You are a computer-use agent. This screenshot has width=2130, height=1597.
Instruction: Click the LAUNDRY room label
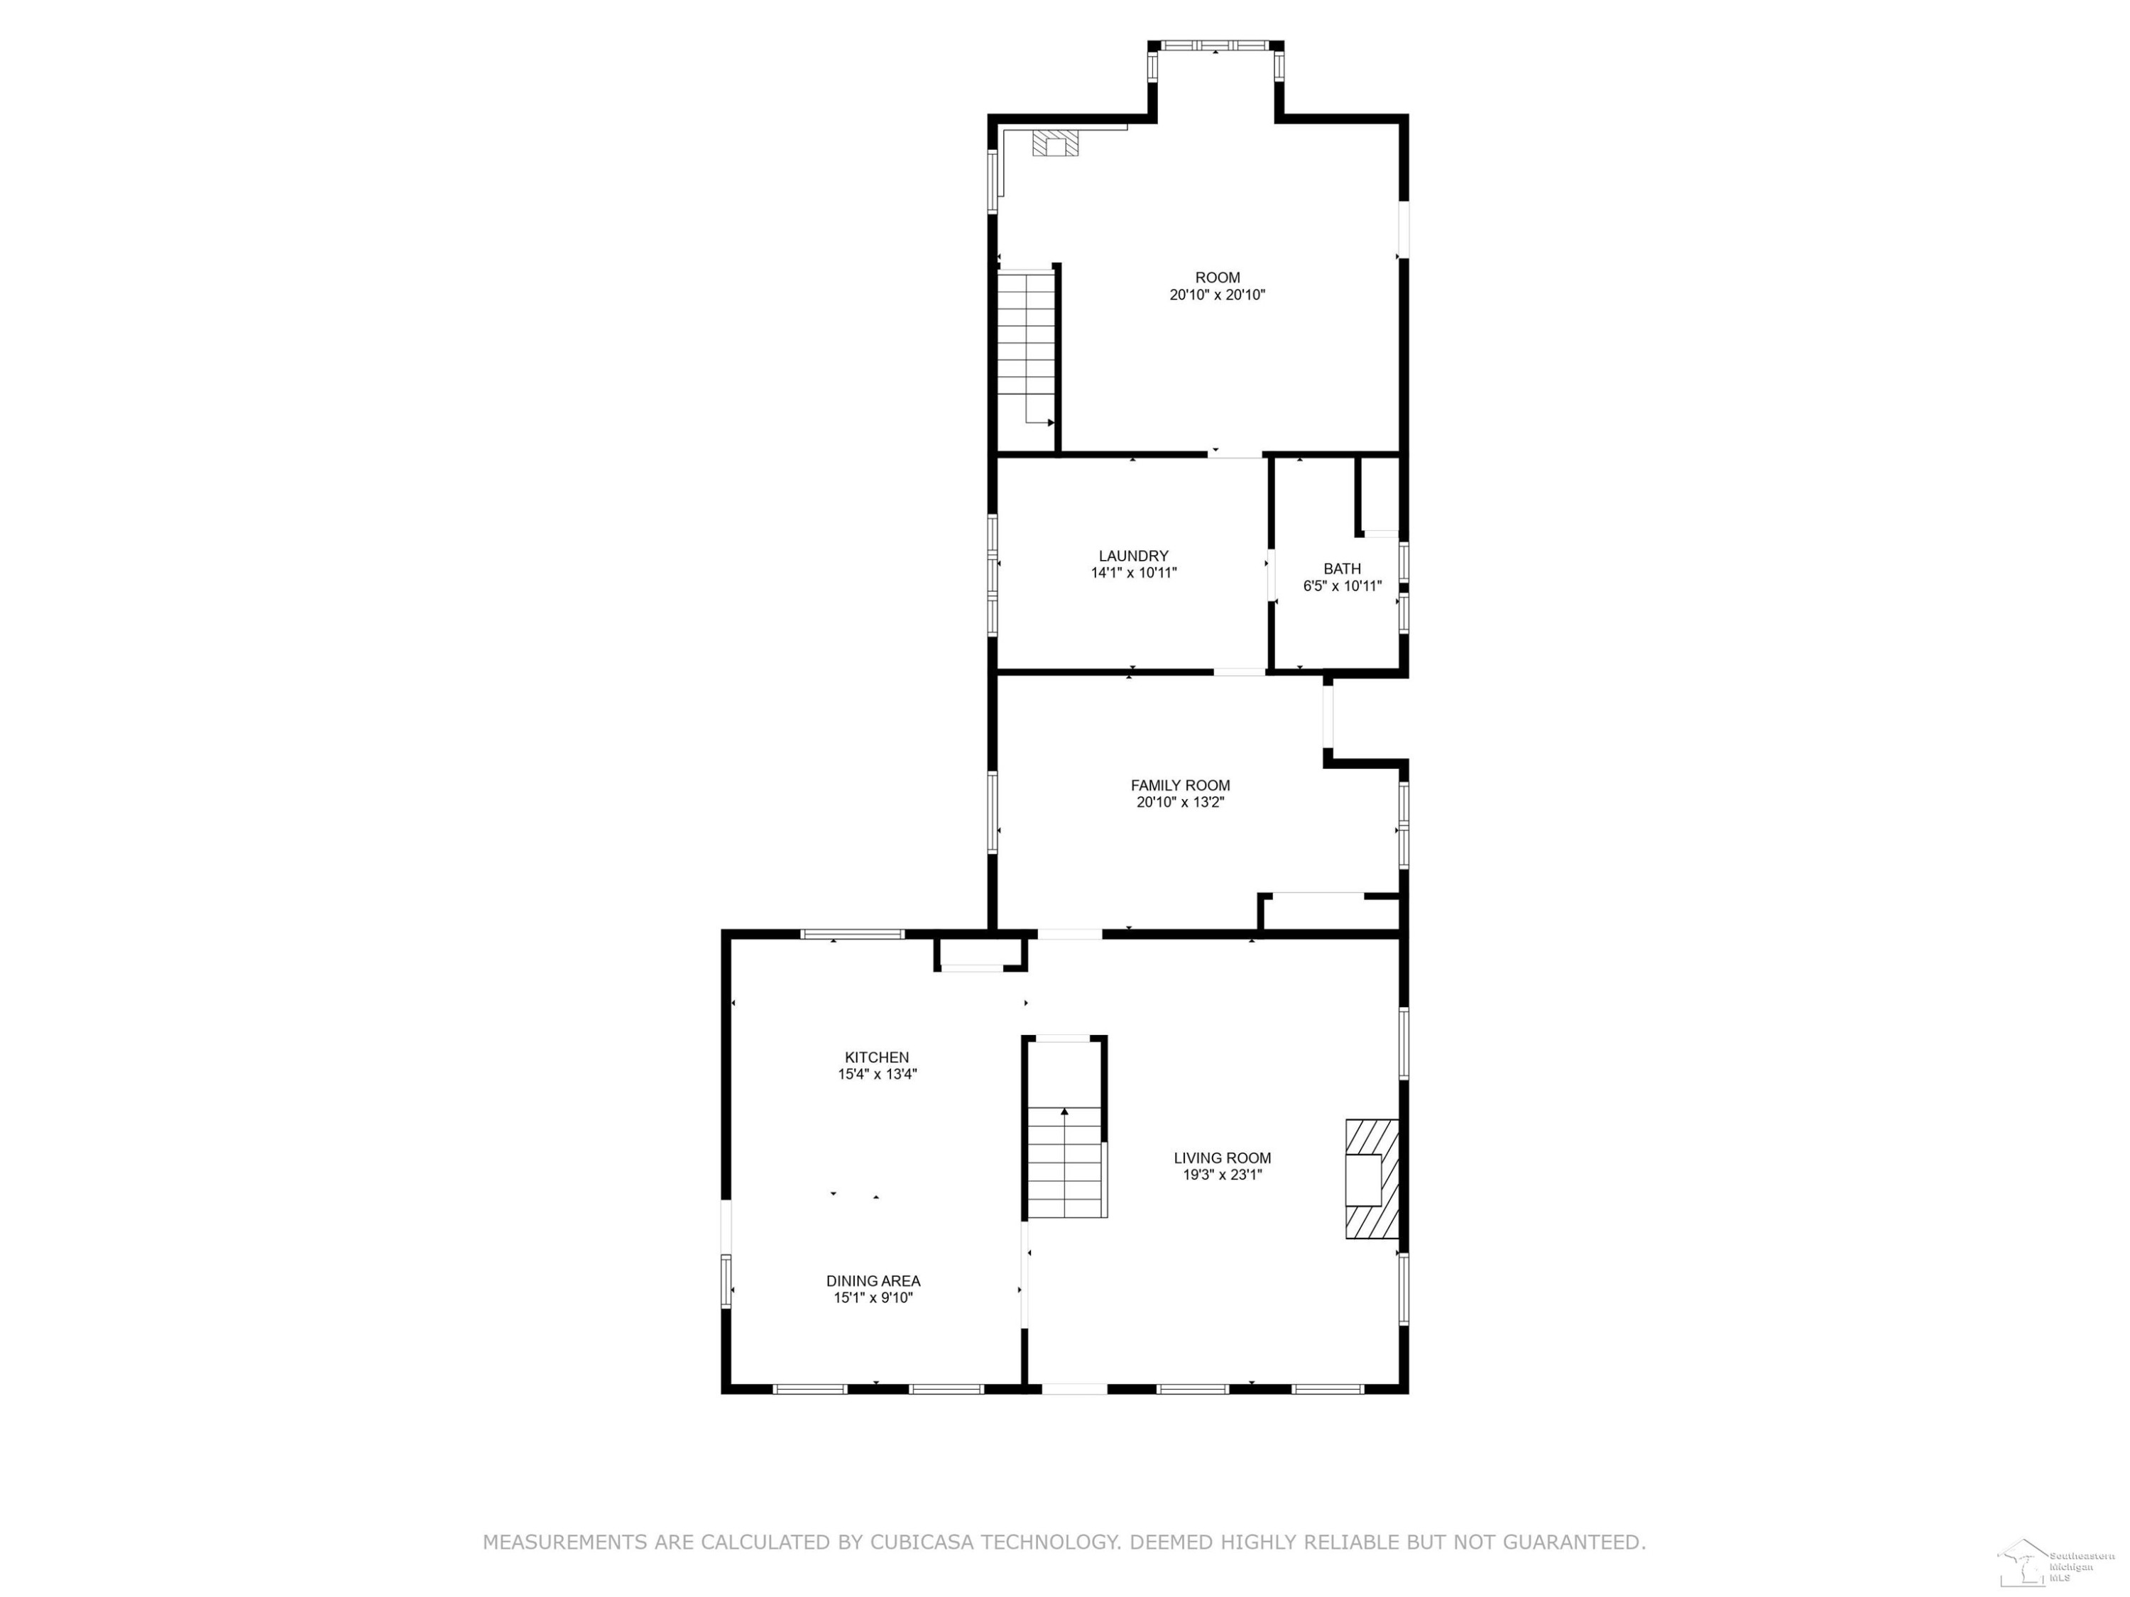1133,556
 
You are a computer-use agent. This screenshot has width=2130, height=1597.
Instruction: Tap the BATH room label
1343,569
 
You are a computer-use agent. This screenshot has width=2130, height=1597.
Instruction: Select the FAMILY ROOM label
1181,786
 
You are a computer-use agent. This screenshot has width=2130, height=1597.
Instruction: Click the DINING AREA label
873,1281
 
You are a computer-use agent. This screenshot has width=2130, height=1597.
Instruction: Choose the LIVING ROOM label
1223,1158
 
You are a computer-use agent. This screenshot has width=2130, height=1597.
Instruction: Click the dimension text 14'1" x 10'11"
1133,573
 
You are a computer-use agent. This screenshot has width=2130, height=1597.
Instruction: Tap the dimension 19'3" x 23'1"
1223,1175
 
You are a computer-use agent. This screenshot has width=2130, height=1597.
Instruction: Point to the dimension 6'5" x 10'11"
1343,586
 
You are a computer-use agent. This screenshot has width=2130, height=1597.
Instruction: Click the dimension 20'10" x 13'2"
1181,802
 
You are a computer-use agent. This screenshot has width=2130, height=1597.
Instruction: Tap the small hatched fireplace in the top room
1055,144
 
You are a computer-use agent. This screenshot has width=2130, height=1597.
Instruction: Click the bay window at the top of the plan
1216,45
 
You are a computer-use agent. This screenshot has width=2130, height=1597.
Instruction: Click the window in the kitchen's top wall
853,934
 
